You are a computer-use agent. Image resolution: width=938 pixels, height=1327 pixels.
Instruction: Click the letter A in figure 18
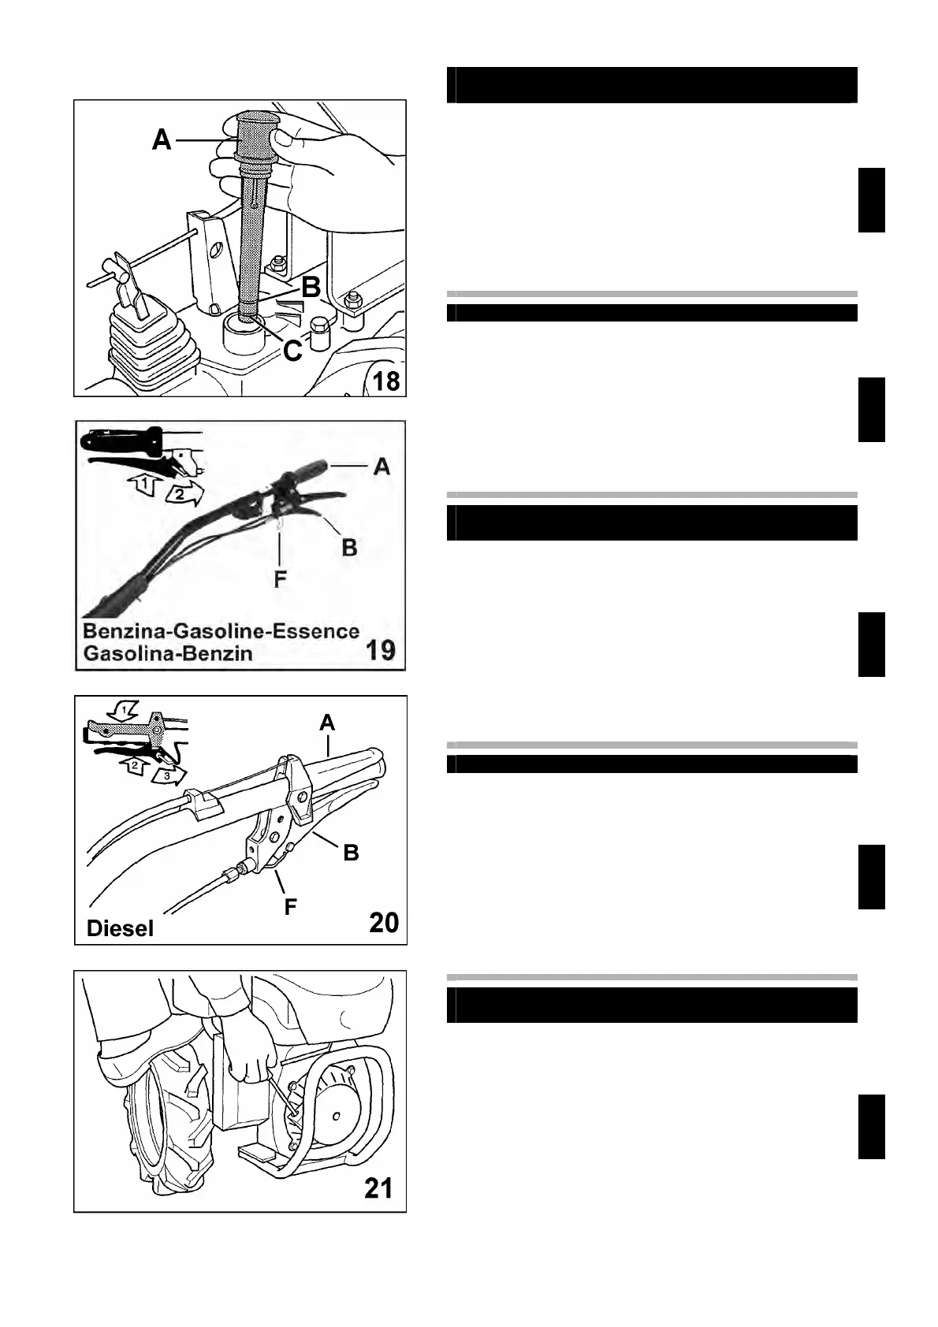(162, 139)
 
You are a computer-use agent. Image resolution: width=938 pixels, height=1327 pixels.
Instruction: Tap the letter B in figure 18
(311, 288)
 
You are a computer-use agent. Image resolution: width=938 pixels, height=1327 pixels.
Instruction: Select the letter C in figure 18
(292, 351)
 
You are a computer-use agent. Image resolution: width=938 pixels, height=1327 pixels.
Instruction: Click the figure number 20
(384, 922)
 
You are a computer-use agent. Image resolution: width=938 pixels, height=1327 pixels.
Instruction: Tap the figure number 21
(378, 1188)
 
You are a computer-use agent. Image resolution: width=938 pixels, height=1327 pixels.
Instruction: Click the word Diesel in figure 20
(120, 928)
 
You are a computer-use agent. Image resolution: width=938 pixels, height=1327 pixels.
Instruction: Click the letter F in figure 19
(280, 580)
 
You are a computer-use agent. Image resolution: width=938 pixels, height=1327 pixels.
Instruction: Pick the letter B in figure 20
(352, 852)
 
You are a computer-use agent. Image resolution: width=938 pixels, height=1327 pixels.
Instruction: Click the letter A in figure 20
(328, 722)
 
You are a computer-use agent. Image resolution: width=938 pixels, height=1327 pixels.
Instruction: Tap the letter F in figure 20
(290, 907)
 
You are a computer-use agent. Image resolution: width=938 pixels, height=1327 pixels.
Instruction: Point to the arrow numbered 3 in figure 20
(166, 776)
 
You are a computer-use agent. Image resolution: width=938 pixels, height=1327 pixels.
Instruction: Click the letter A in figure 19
(382, 466)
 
